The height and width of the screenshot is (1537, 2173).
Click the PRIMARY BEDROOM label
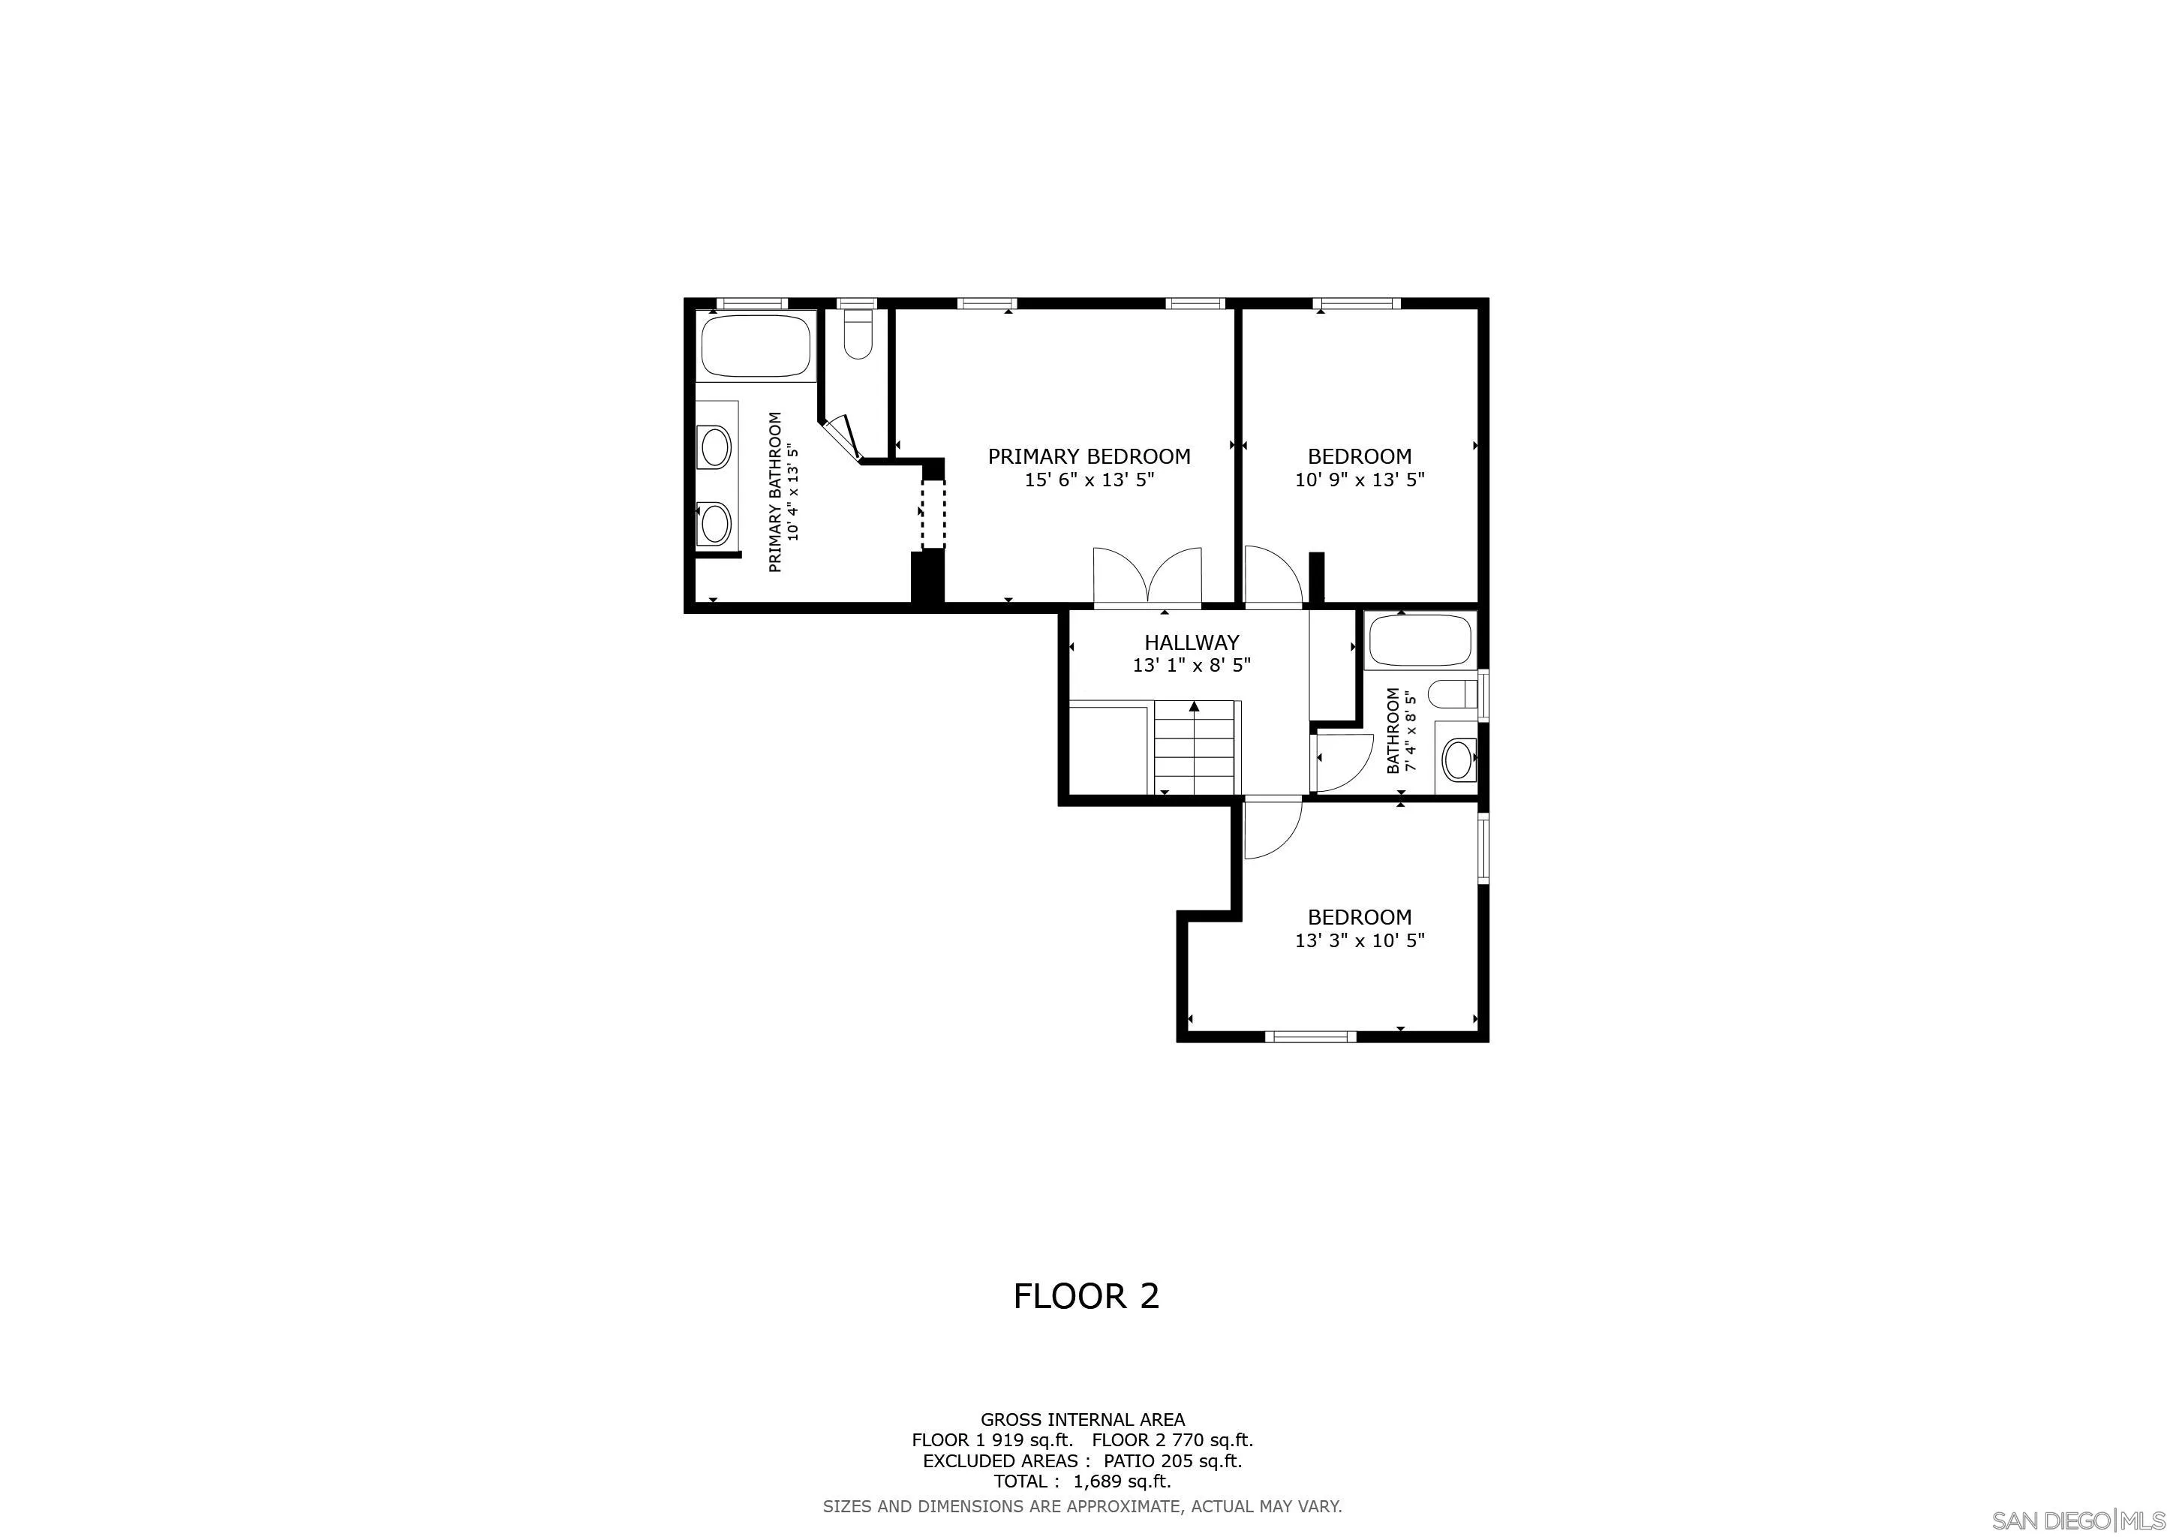point(1089,456)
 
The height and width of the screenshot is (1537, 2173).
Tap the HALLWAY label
point(1191,642)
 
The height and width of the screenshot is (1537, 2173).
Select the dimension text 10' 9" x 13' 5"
point(1359,480)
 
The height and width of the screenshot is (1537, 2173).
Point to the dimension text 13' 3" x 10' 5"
point(1359,941)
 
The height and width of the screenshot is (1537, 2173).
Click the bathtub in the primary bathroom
point(756,347)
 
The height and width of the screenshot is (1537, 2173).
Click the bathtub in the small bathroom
point(1420,641)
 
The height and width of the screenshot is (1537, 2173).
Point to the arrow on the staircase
point(1195,706)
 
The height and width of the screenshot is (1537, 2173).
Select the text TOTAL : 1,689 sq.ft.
point(1082,1481)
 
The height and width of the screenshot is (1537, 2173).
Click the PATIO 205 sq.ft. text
point(1172,1460)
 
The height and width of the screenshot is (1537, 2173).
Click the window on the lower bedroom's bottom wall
point(1311,1036)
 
